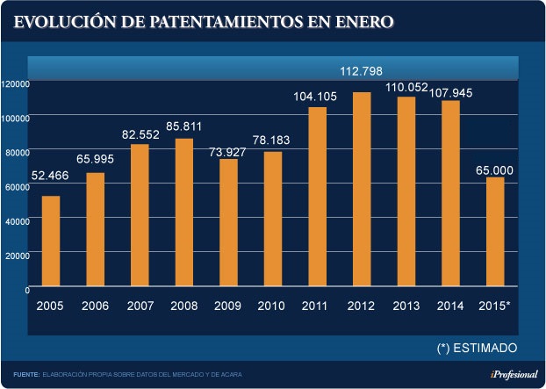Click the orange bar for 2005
[x=51, y=241]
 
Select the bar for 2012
[x=362, y=190]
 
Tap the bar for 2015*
[x=495, y=233]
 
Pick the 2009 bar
[x=228, y=223]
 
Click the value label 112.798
[x=362, y=71]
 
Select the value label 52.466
[x=51, y=176]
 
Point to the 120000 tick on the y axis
[x=17, y=83]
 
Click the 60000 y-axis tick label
[x=17, y=186]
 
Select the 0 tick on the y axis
[x=27, y=288]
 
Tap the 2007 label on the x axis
[x=140, y=306]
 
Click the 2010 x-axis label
[x=272, y=306]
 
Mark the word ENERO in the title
[x=361, y=21]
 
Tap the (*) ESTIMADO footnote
[x=477, y=347]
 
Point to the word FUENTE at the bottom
[x=26, y=375]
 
